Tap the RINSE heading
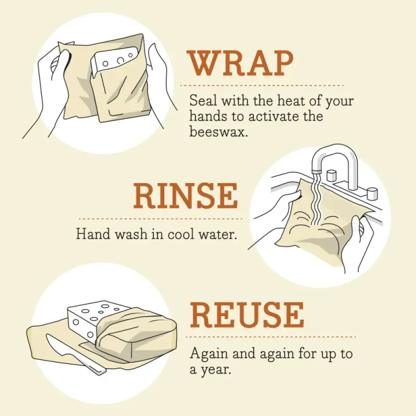185,196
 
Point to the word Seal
202,99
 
